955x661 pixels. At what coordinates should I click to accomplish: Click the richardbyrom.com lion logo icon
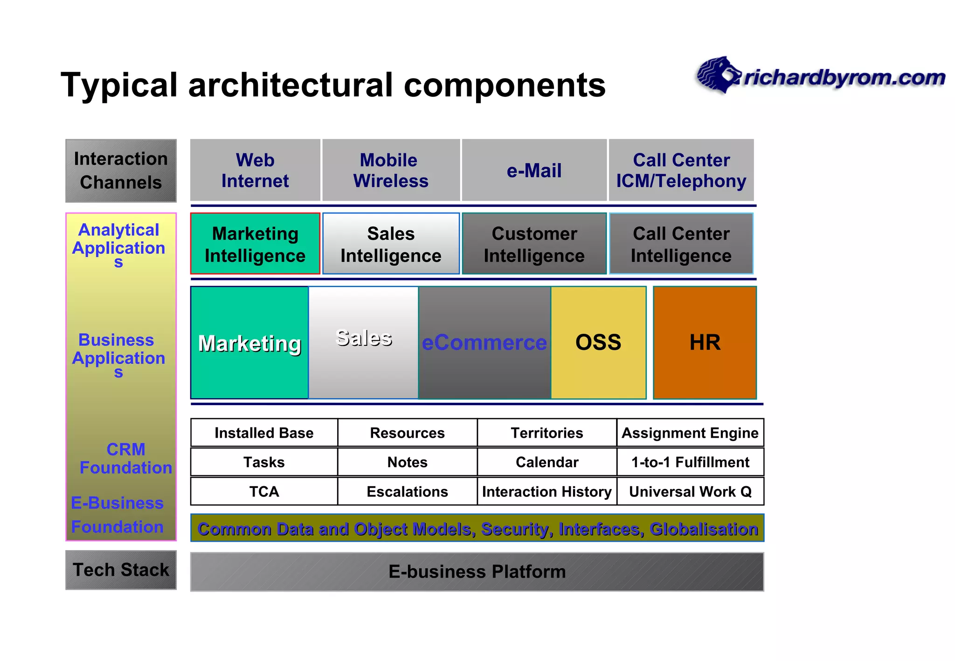718,75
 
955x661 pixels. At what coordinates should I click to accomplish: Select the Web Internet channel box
255,170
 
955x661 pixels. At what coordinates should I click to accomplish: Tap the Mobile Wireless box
391,170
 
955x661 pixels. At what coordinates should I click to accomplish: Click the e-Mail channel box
534,170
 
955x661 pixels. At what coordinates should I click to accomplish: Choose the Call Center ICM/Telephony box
681,170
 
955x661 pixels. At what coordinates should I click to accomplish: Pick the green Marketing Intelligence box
255,244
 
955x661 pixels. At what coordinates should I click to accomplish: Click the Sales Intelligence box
391,244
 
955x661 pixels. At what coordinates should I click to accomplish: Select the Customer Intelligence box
534,244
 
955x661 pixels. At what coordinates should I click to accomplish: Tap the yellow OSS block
598,343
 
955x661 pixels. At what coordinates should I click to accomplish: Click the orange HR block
705,343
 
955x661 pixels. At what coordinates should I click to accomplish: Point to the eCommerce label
484,343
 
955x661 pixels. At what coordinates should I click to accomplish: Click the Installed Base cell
264,433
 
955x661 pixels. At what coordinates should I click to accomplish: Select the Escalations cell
407,491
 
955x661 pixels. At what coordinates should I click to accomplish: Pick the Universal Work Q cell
690,491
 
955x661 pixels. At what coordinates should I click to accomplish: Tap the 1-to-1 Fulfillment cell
690,462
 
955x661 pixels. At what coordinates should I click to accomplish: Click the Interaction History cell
547,491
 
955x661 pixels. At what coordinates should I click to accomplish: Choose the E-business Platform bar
477,571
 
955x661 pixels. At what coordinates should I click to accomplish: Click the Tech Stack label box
121,570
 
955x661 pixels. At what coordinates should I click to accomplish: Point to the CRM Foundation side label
125,458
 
